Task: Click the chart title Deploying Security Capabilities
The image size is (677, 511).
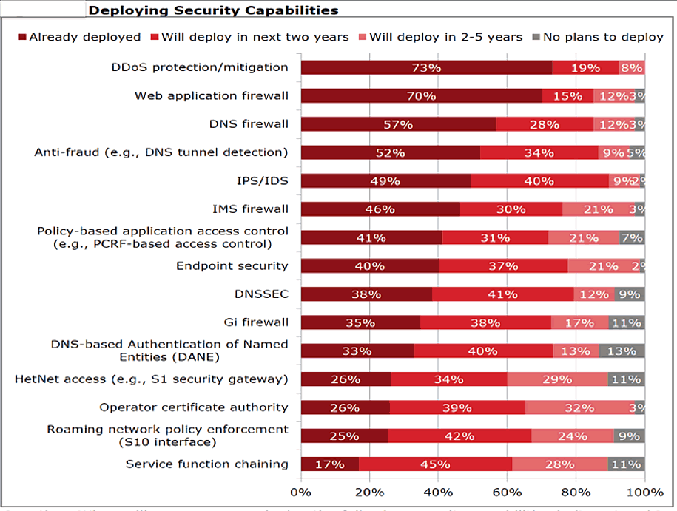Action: pyautogui.click(x=213, y=10)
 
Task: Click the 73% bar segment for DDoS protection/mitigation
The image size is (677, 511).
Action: pyautogui.click(x=426, y=67)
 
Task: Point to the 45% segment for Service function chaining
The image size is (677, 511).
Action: pyautogui.click(x=435, y=464)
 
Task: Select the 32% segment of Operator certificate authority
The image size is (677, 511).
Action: pyautogui.click(x=579, y=407)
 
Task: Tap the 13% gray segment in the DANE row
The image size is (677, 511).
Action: pyautogui.click(x=622, y=351)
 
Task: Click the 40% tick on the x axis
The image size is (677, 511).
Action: pyautogui.click(x=438, y=491)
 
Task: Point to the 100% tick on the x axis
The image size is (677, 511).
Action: pyautogui.click(x=644, y=491)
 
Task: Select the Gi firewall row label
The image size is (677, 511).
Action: pyautogui.click(x=255, y=322)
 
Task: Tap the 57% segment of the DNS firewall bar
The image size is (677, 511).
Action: pyautogui.click(x=398, y=124)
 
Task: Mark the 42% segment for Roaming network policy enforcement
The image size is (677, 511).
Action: pyautogui.click(x=459, y=436)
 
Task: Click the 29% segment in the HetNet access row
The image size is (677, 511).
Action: pyautogui.click(x=558, y=379)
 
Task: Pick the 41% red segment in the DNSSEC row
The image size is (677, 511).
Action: pyautogui.click(x=502, y=294)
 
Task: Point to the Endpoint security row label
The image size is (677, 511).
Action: pyautogui.click(x=232, y=265)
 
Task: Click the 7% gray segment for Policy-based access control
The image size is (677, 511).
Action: pyautogui.click(x=632, y=237)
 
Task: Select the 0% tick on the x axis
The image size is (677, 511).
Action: pyautogui.click(x=301, y=491)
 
